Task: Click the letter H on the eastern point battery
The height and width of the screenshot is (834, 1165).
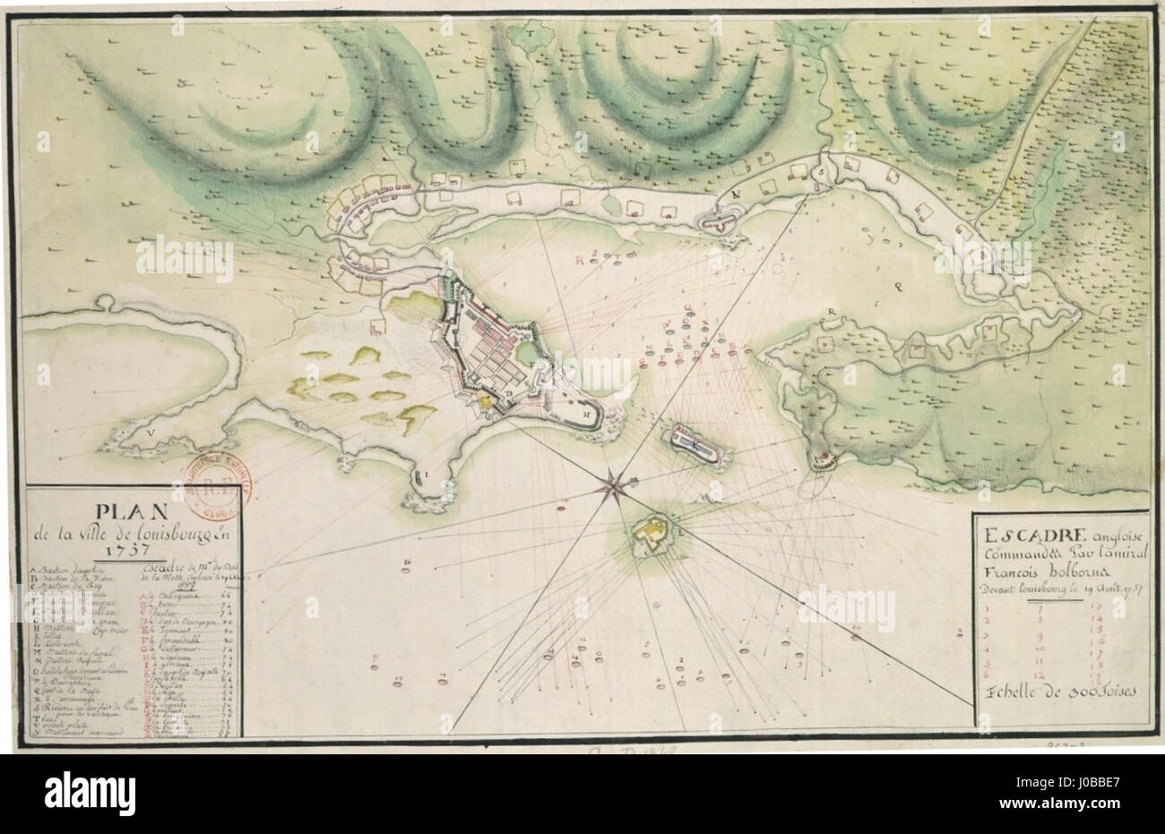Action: point(586,415)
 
